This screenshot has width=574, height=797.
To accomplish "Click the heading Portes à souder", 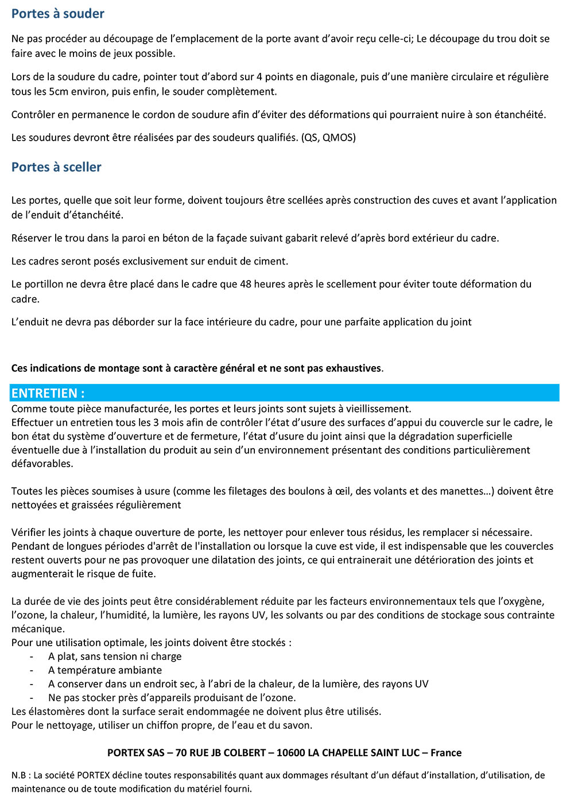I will (x=58, y=14).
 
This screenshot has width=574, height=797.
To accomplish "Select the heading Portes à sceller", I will (x=56, y=167).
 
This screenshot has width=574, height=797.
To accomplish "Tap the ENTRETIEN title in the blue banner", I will (x=48, y=393).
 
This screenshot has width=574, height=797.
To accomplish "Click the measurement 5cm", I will (x=59, y=92).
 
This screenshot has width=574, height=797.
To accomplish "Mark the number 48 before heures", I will (x=246, y=284).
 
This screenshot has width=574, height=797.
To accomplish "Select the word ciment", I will (x=270, y=261).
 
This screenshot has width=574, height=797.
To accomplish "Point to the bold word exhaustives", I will (x=354, y=368).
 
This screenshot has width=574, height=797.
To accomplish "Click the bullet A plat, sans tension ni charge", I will (x=115, y=656).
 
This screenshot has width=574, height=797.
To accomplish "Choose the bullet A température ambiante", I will (x=105, y=670).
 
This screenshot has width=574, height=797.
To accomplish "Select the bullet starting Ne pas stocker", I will (x=172, y=698).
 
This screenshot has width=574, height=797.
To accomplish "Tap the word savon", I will (x=298, y=725).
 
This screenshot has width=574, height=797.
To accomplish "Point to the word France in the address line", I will (x=446, y=753).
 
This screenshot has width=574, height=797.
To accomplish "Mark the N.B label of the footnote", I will (x=19, y=775).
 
